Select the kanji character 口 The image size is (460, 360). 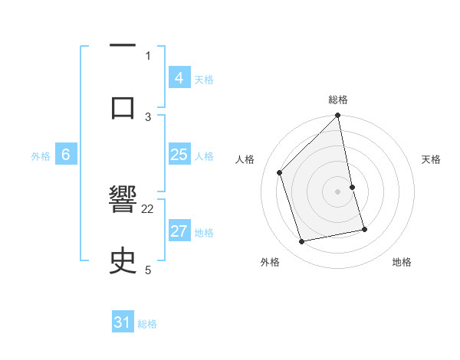point(123,106)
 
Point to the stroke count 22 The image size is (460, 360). point(148,208)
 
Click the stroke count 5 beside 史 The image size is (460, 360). point(148,270)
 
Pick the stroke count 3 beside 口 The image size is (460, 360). point(148,116)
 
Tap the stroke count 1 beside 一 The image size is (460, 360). point(148,55)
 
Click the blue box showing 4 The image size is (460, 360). point(179,78)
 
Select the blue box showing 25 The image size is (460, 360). point(179,155)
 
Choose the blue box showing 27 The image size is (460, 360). point(179,231)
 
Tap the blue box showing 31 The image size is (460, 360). point(123,323)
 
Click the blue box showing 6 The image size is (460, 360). point(65,155)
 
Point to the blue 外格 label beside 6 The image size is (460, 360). point(41,155)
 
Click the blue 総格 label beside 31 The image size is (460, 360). point(147,324)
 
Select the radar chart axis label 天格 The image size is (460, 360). point(432,159)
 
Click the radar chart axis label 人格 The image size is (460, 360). point(245,159)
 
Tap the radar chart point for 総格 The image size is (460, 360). point(338,116)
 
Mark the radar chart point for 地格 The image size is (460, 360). point(364,229)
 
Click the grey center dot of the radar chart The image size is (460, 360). point(338,191)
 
